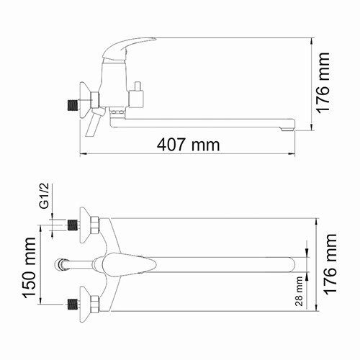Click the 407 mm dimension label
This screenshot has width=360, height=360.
pyautogui.click(x=189, y=144)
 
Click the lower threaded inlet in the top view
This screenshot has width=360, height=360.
pyautogui.click(x=71, y=305)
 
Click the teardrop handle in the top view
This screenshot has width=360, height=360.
pyautogui.click(x=130, y=265)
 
